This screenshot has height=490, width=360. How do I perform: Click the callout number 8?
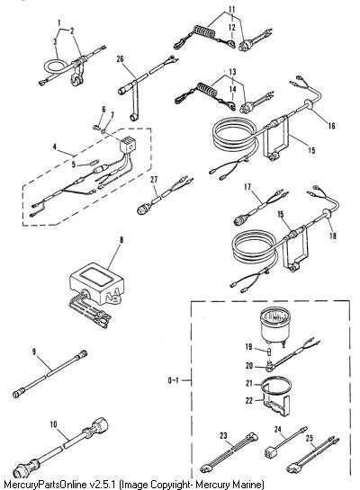pos(121,240)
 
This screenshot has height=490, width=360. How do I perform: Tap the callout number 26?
pos(120,58)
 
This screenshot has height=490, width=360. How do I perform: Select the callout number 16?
pos(331,126)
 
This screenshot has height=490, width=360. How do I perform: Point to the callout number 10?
pos(53,424)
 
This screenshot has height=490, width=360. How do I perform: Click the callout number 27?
pos(154,180)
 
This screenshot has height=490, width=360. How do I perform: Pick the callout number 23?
pos(223,435)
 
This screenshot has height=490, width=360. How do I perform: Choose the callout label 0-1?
pos(173,380)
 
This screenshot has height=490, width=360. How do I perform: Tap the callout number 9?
pos(34,352)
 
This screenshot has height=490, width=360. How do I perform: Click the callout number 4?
pos(55,147)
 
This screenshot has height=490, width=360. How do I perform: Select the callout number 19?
pos(248,347)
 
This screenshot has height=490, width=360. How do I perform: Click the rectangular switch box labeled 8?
pos(97,287)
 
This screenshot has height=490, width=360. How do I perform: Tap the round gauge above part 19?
pos(275,325)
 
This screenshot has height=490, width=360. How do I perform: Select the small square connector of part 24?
pos(270,452)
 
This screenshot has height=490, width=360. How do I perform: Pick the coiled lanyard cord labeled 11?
pos(205,33)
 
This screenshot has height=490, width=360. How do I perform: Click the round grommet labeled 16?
pos(307,104)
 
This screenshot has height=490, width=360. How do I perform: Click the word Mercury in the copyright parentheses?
pos(220,484)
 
